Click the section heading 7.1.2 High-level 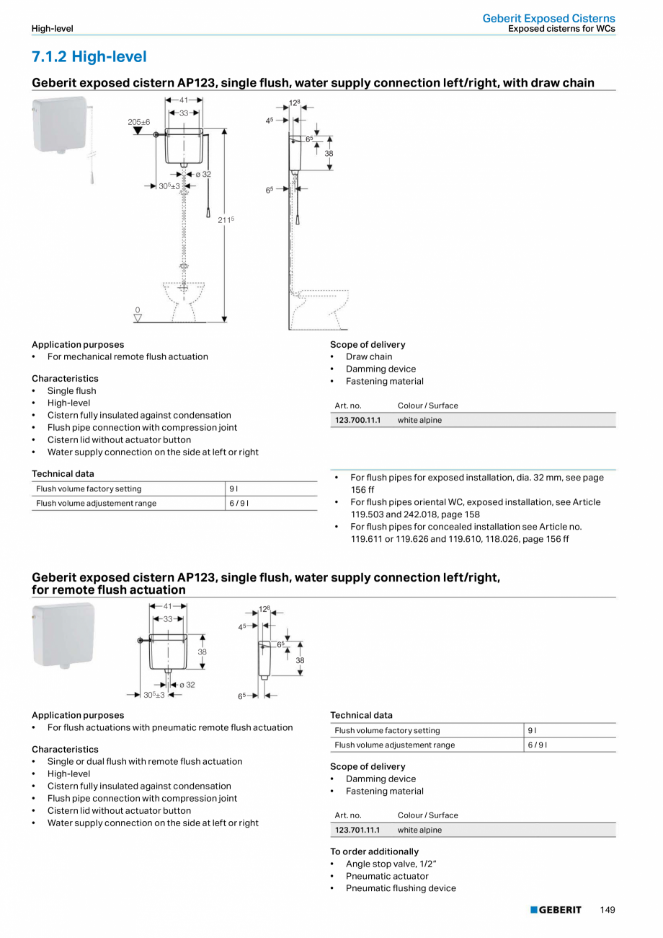point(89,56)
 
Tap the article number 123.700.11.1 point(357,420)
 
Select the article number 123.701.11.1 point(357,830)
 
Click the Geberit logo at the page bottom point(556,910)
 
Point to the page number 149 point(607,910)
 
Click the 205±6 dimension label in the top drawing point(139,122)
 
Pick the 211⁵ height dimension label point(226,219)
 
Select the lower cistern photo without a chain point(63,635)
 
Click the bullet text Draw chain point(369,356)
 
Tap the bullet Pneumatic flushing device point(401,888)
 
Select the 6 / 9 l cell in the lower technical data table point(537,745)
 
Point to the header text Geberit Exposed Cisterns point(548,18)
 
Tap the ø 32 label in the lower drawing point(187,684)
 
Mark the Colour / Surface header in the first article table point(427,406)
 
